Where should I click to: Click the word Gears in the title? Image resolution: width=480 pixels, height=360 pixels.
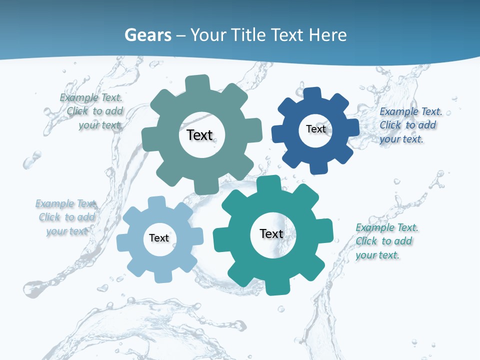point(147,35)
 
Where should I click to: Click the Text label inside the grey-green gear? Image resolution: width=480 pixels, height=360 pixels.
point(199,135)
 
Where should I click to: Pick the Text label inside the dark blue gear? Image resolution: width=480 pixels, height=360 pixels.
point(315,129)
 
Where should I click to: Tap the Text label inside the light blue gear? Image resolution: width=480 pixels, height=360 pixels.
point(158,238)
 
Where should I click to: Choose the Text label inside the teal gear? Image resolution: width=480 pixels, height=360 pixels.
point(271,233)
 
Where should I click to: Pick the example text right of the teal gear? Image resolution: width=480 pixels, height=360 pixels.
point(385,241)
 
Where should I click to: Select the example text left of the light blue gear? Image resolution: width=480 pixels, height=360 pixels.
point(66,217)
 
